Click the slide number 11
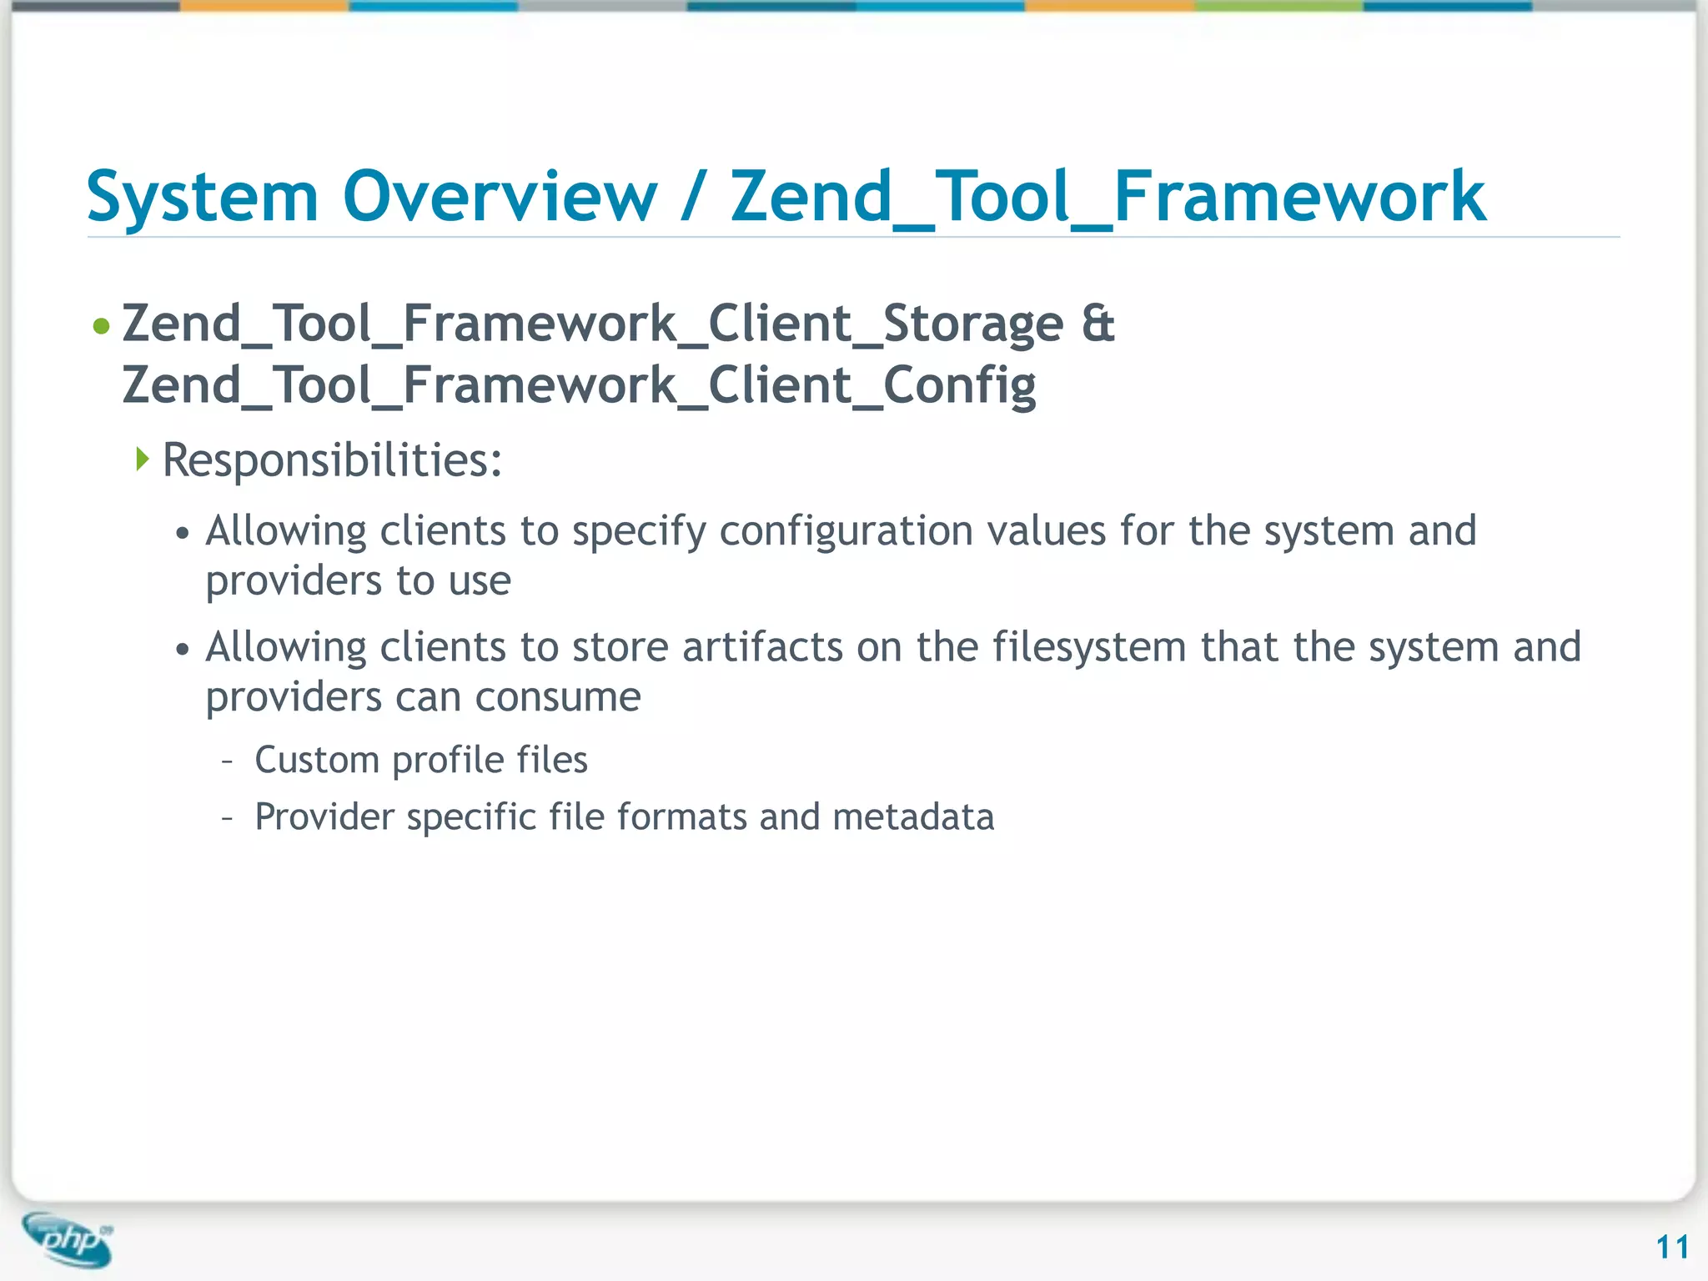click(1672, 1248)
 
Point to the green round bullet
click(101, 326)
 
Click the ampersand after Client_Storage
click(1098, 324)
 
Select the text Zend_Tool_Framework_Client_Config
click(579, 386)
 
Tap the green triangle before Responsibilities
click(143, 458)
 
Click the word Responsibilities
click(332, 460)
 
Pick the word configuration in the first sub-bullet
click(846, 532)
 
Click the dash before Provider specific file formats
click(228, 818)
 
